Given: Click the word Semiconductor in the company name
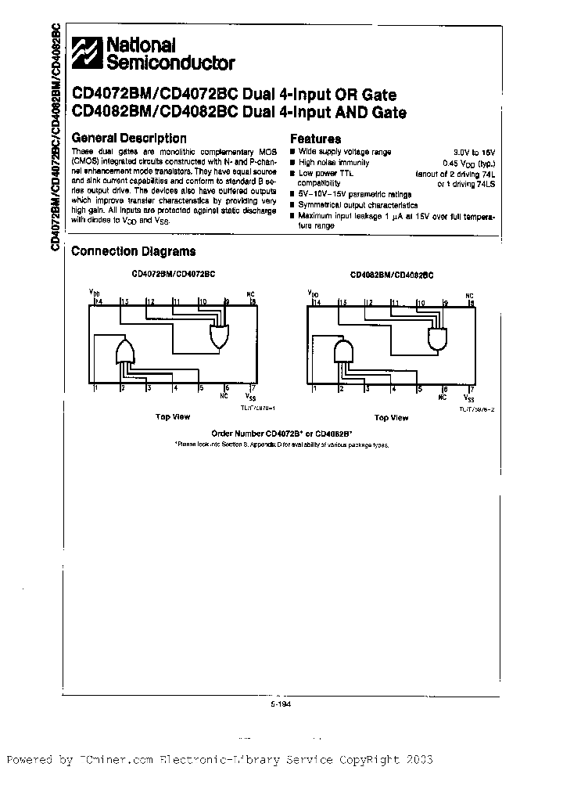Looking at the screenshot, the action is tap(170, 63).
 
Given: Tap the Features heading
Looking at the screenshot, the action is tap(315, 138).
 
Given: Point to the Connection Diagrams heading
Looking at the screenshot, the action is tap(133, 251).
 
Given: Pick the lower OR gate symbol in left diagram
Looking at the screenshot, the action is tap(125, 354).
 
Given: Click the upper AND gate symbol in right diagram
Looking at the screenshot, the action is tap(438, 338).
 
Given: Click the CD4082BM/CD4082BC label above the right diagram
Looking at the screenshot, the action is tap(391, 275).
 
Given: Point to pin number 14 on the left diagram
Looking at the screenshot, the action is tap(98, 301).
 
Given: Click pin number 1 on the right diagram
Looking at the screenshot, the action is tap(314, 388).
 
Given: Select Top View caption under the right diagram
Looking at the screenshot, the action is tap(389, 418).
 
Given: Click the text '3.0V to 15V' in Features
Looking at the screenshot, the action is tap(475, 152).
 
